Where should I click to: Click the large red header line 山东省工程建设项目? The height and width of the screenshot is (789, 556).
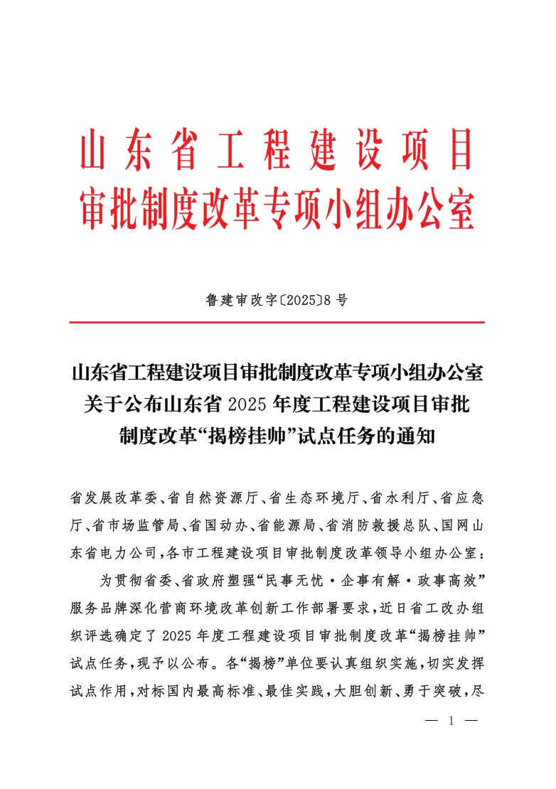tap(277, 149)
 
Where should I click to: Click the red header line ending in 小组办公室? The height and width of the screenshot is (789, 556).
tap(277, 207)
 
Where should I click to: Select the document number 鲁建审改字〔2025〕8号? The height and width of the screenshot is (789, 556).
tap(277, 300)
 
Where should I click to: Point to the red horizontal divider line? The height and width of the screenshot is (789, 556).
tap(277, 323)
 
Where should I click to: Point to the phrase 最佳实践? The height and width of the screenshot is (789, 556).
tap(294, 692)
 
